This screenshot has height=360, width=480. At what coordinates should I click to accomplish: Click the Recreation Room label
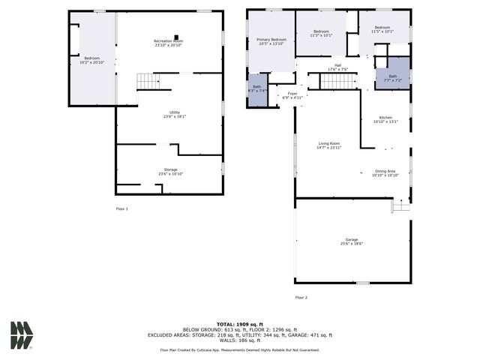coord(169,43)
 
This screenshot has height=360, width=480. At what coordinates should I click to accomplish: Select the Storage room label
coord(171,172)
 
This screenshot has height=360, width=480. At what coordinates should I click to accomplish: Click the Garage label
coord(352,241)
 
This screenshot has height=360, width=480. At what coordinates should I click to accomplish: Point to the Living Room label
coord(329,145)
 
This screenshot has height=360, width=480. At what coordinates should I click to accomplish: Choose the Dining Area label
coord(385,172)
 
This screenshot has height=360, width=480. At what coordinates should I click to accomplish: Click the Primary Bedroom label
coord(271,41)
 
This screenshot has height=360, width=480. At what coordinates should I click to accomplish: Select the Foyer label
coord(292,95)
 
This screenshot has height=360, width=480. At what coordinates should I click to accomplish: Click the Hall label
coord(338,67)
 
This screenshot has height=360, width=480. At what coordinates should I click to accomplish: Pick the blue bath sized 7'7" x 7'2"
coord(392,77)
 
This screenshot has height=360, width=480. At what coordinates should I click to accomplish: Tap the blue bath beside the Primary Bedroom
coord(257,89)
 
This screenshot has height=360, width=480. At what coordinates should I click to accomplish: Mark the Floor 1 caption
coord(121,208)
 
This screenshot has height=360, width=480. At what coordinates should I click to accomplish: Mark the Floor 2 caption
coord(301,298)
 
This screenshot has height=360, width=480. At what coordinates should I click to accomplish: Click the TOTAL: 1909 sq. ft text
coord(240,323)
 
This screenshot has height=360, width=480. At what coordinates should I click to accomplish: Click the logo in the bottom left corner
coord(22,334)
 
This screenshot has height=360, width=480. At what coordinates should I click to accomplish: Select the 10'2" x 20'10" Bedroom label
coord(91,60)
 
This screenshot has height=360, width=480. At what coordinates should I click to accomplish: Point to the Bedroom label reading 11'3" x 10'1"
coord(320,33)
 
